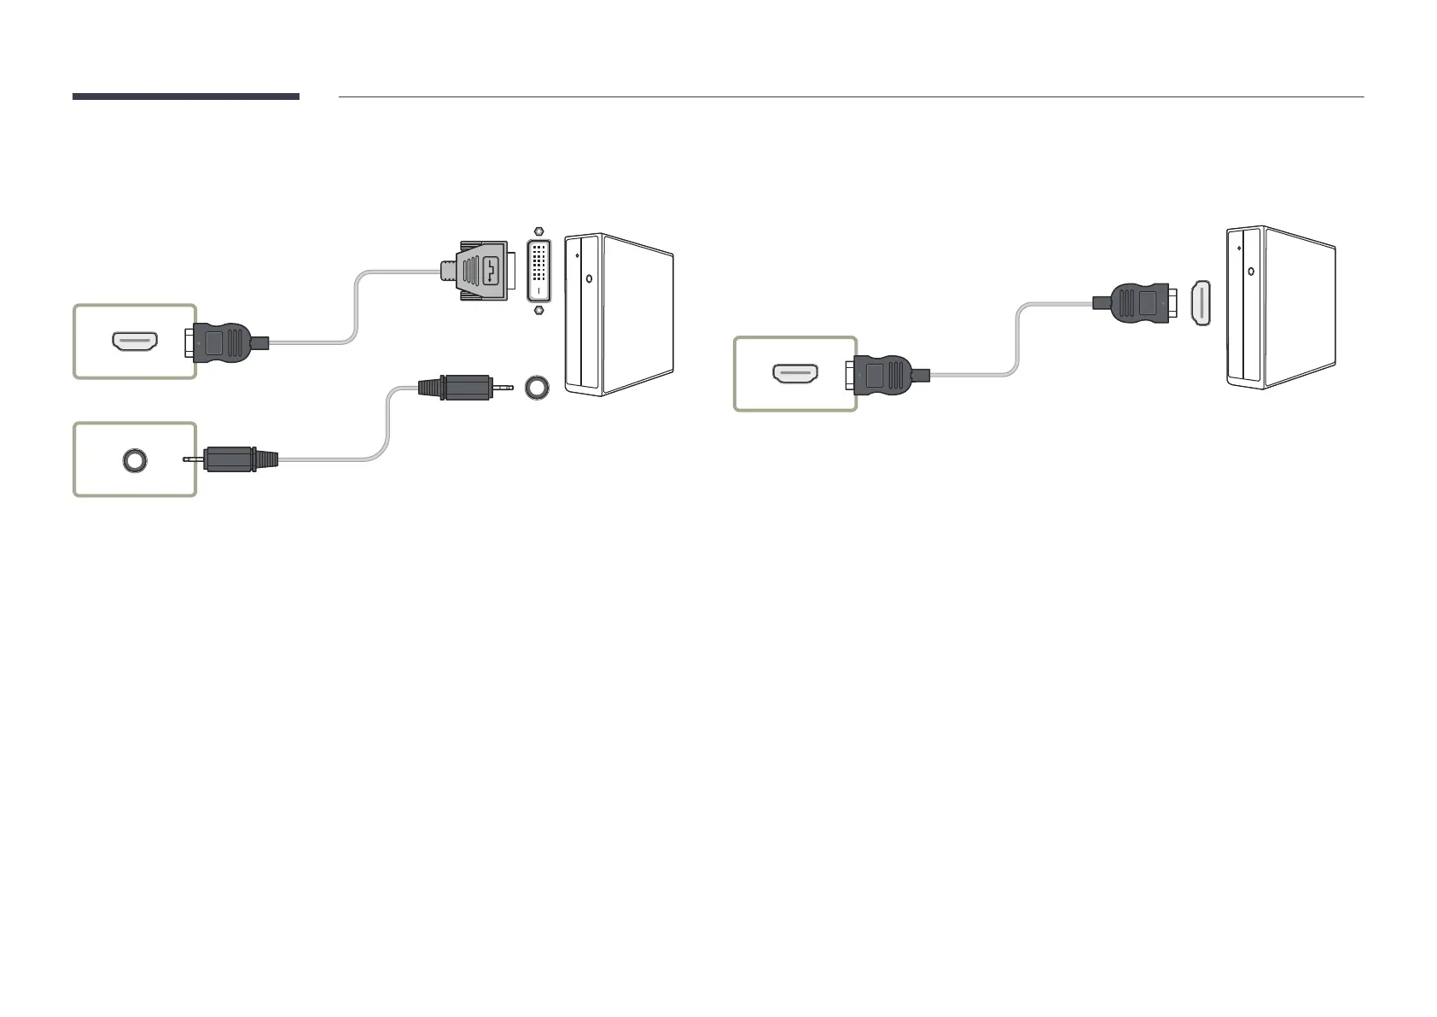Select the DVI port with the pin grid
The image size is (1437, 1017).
click(538, 270)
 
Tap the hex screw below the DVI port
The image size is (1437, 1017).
click(538, 310)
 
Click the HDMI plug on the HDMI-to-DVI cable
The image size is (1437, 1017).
click(220, 342)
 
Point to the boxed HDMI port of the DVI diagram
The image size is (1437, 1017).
click(135, 342)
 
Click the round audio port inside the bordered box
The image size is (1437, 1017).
click(135, 460)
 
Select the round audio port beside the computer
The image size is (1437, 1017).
click(537, 387)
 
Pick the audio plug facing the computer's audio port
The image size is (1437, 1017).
click(461, 387)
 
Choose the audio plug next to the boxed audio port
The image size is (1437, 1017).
click(235, 459)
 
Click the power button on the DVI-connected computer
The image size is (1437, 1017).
click(589, 277)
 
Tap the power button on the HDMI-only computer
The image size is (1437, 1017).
click(1250, 271)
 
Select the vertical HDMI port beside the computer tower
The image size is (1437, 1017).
click(1201, 303)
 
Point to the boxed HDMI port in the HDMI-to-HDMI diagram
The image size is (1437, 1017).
click(795, 374)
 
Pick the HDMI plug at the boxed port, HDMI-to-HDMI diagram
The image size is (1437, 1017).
click(886, 374)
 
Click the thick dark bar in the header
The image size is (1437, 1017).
click(185, 96)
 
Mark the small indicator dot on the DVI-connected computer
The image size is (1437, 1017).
click(578, 254)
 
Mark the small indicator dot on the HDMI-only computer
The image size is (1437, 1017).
click(1238, 248)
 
